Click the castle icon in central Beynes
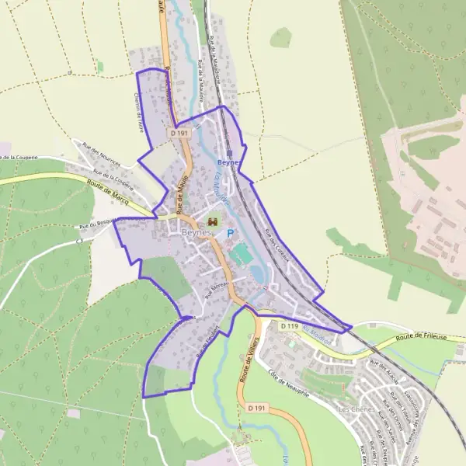pos(213,221)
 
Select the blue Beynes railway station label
pos(230,163)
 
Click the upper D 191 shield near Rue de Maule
pos(179,133)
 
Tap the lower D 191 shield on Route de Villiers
pos(257,408)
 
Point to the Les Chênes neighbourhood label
pos(356,409)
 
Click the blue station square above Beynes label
pos(230,153)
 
